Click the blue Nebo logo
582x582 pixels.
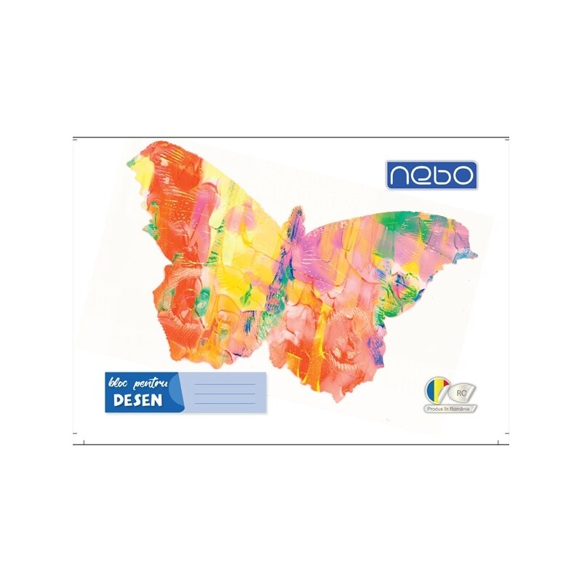click(x=431, y=175)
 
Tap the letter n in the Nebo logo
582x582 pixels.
click(x=399, y=175)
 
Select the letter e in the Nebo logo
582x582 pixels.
click(x=420, y=175)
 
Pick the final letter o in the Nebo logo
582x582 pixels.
click(x=463, y=175)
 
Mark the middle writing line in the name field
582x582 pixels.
click(x=226, y=394)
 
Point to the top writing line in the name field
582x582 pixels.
click(x=226, y=384)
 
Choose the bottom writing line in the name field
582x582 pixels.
click(x=226, y=403)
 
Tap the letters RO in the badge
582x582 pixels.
click(x=461, y=393)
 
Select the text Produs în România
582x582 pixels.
click(x=451, y=409)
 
